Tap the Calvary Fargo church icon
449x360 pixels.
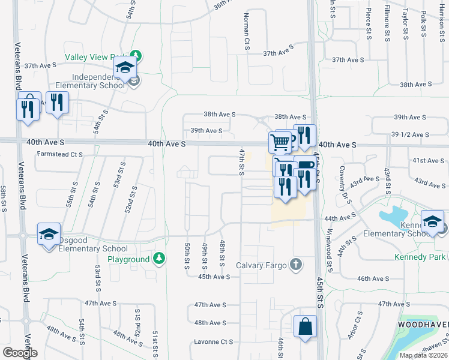coord(295,264)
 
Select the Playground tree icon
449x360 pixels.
coord(158,259)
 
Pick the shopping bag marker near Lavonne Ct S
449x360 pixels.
coord(305,327)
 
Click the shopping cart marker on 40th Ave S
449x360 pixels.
coord(280,142)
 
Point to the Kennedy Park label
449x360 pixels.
coord(420,257)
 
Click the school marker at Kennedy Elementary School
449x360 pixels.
coord(432,221)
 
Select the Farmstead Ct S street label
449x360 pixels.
coord(59,154)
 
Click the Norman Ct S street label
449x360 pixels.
coord(246,32)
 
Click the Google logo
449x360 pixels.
coord(20,353)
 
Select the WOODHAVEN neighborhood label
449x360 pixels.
coord(423,324)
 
